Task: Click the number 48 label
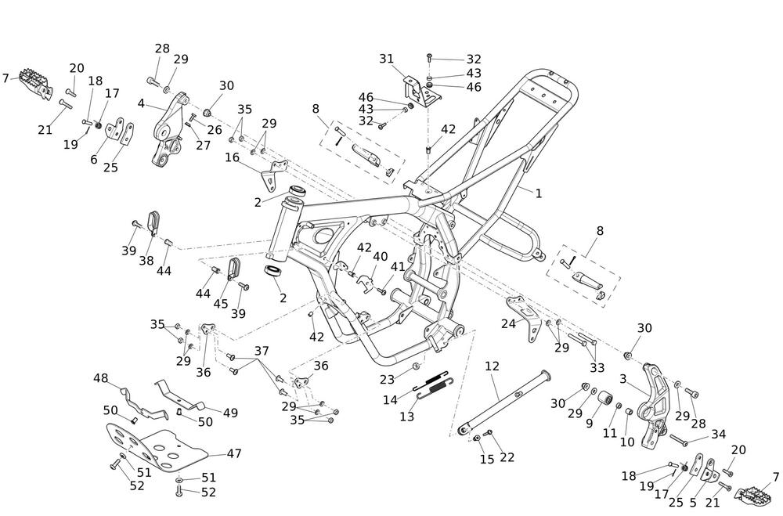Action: click(x=101, y=379)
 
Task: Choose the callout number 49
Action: click(x=230, y=413)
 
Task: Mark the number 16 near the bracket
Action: click(x=232, y=157)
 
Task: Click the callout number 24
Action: click(x=509, y=323)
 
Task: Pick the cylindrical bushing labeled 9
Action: click(x=603, y=406)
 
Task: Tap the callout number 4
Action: click(x=141, y=103)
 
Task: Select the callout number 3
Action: click(x=624, y=379)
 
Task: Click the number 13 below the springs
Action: click(x=407, y=417)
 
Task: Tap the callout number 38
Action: click(x=146, y=261)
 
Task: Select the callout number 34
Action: click(x=719, y=434)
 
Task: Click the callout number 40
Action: click(x=381, y=257)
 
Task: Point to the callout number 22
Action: click(x=507, y=457)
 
